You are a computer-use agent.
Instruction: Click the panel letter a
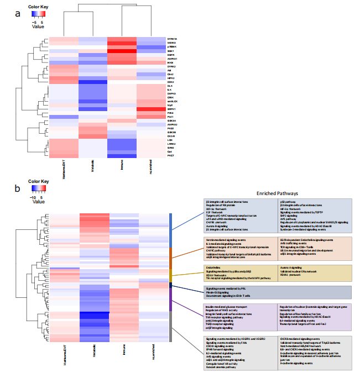(x=18, y=14)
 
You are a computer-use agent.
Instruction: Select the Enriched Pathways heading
(x=277, y=194)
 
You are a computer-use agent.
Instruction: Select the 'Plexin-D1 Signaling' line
(x=220, y=293)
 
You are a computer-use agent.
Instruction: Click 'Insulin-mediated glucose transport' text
(x=227, y=306)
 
